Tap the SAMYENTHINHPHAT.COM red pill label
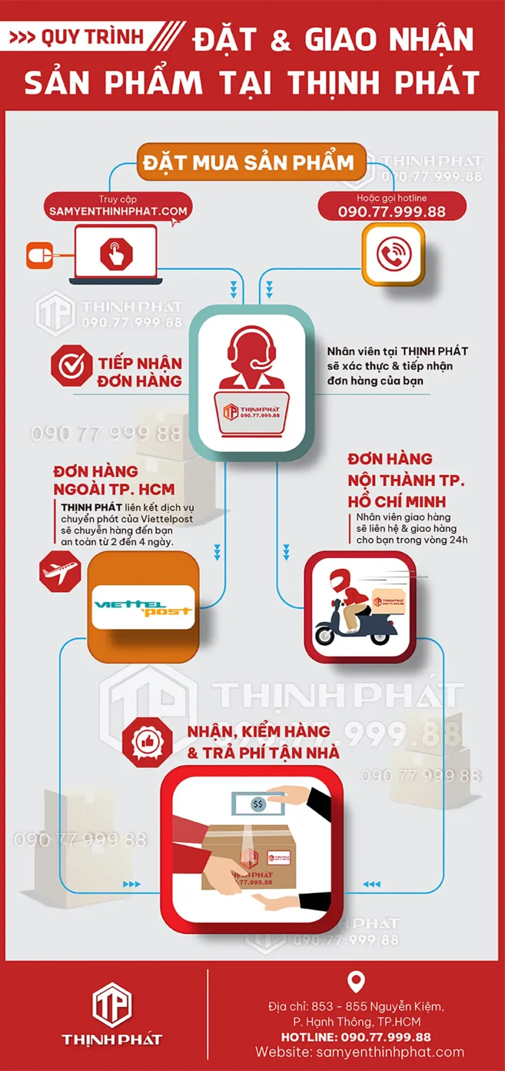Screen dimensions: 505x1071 (x=118, y=206)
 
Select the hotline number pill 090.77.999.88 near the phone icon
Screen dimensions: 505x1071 (x=392, y=206)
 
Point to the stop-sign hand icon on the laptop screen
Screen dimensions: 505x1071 (x=116, y=254)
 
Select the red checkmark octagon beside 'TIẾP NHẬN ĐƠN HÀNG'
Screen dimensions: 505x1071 (x=71, y=365)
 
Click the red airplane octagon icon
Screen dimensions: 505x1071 (x=60, y=571)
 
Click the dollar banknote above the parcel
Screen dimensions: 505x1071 (x=258, y=804)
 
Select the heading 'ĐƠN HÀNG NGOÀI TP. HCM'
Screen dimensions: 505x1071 (x=114, y=480)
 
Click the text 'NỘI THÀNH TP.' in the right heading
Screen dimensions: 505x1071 (x=406, y=480)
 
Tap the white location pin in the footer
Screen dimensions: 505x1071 (x=356, y=982)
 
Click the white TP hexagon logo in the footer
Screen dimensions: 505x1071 (x=112, y=1005)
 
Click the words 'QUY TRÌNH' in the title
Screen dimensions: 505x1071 (x=92, y=37)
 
